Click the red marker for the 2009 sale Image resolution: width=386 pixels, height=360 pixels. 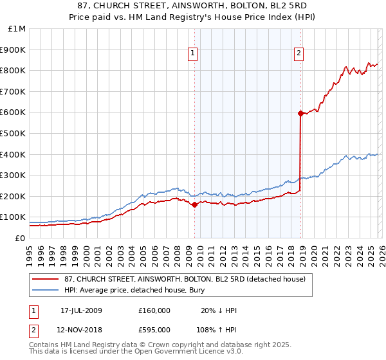point(194,205)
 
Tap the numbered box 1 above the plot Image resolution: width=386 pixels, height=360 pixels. point(193,54)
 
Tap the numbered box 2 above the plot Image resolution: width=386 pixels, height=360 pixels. point(299,54)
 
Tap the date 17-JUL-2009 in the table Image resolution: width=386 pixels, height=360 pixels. point(81,310)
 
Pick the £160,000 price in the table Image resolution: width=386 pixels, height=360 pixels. point(154,310)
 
